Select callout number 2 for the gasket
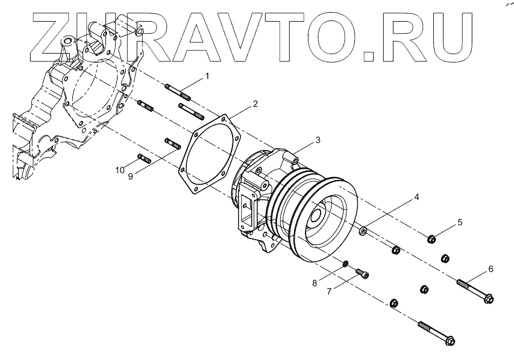click(x=255, y=104)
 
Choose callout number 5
click(x=460, y=222)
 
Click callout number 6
click(x=490, y=269)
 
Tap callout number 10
click(x=121, y=170)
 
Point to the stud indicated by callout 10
click(x=144, y=158)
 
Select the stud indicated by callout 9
click(x=173, y=144)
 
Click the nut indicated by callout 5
click(x=432, y=240)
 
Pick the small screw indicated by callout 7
click(x=362, y=274)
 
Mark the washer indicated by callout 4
click(x=363, y=231)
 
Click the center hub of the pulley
click(x=318, y=215)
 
